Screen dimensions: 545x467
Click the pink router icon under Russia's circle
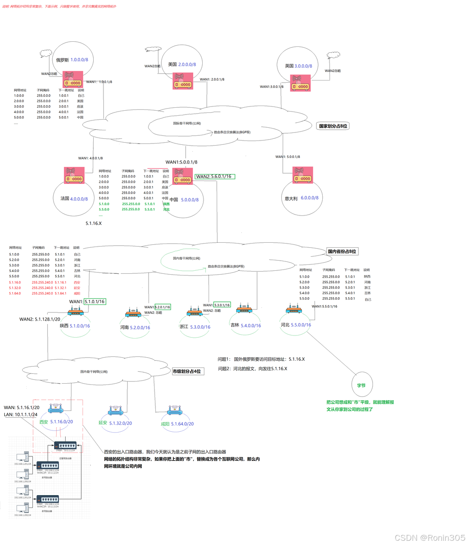click(x=73, y=79)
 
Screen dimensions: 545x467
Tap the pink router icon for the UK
click(x=301, y=83)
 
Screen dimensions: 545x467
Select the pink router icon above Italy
click(x=303, y=175)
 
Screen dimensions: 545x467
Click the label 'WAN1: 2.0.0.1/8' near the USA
click(x=212, y=79)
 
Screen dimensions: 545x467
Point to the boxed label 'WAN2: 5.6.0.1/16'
click(x=215, y=176)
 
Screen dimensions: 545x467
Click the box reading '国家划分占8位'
click(x=333, y=126)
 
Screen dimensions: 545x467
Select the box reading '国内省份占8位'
click(x=342, y=252)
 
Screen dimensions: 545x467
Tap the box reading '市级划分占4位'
click(x=187, y=371)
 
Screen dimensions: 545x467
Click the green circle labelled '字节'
click(x=361, y=385)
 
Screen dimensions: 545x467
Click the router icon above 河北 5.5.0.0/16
click(x=294, y=309)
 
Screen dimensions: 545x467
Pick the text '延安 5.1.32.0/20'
click(x=115, y=423)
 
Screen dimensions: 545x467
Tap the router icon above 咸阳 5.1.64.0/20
click(x=175, y=410)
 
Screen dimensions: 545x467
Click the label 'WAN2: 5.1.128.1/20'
click(x=40, y=319)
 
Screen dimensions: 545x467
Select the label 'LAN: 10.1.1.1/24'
click(x=21, y=414)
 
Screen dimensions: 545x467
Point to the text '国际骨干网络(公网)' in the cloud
click(x=187, y=123)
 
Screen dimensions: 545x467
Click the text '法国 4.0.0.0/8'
click(x=74, y=199)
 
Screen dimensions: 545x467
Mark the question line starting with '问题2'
click(x=252, y=369)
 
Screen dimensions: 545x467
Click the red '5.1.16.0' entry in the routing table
click(x=15, y=282)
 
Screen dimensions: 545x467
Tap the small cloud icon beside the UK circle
click(x=333, y=55)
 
